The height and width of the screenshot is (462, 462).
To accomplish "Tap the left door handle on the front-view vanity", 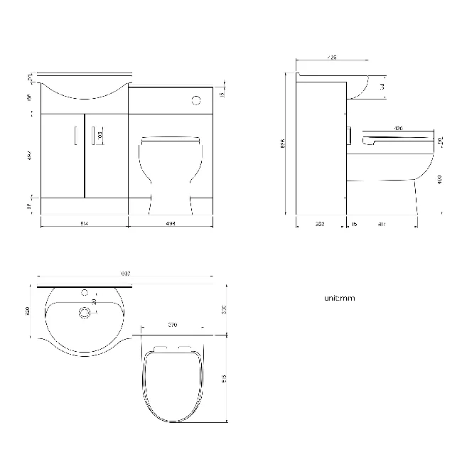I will [x=75, y=134].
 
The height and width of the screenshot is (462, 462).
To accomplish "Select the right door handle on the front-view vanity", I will [x=93, y=134].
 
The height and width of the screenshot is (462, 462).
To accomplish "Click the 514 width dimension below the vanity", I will [x=84, y=224].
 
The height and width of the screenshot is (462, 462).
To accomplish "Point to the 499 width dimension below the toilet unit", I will [x=171, y=224].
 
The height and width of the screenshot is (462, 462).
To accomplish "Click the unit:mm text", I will [x=339, y=299].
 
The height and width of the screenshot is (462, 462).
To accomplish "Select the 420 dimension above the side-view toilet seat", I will [x=398, y=129].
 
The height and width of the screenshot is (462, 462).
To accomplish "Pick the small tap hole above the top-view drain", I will [x=85, y=291].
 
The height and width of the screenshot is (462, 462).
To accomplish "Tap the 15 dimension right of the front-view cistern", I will [x=222, y=94].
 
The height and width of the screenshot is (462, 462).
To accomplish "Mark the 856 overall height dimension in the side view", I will [x=282, y=142].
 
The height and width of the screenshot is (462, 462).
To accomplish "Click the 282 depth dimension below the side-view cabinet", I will [x=320, y=224].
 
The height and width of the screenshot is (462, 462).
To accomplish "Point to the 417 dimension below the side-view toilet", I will [x=382, y=224].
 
